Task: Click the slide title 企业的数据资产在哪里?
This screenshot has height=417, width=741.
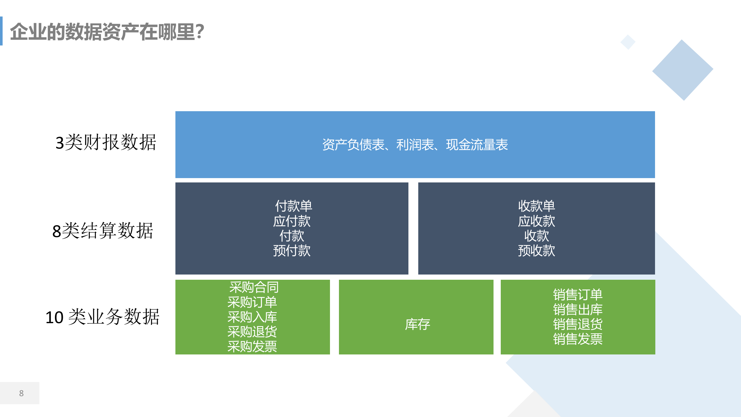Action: [107, 32]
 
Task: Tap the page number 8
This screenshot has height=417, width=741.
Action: [21, 393]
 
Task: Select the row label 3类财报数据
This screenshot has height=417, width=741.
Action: [106, 142]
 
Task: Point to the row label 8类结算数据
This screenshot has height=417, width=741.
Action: [102, 231]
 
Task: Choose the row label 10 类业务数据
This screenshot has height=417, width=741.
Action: [102, 317]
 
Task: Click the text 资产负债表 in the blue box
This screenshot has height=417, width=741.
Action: [353, 145]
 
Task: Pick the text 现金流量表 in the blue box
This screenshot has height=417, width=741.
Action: [477, 145]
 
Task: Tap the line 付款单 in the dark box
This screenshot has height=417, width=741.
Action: [294, 206]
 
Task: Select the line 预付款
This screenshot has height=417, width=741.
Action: [292, 250]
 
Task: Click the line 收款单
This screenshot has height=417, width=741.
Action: [537, 206]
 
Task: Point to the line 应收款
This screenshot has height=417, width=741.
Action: [537, 221]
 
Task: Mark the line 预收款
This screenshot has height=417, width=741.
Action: [537, 250]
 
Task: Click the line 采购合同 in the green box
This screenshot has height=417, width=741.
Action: [254, 287]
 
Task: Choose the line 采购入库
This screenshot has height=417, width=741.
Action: [252, 317]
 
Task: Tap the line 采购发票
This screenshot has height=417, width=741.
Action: [252, 346]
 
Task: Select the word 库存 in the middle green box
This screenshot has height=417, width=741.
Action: [417, 324]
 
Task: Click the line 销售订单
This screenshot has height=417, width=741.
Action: [578, 295]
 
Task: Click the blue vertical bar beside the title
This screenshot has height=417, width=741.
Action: [1, 31]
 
